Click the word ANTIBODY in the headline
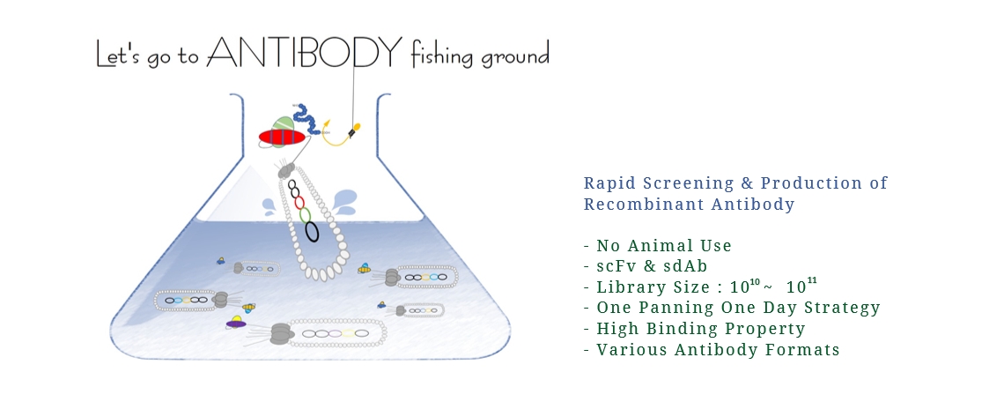305,52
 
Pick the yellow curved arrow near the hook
335,135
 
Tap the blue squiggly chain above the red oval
307,119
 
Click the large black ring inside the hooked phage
312,232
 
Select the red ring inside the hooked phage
299,203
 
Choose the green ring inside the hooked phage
306,215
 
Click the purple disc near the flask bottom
236,324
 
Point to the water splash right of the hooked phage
344,201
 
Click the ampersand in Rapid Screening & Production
747,183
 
